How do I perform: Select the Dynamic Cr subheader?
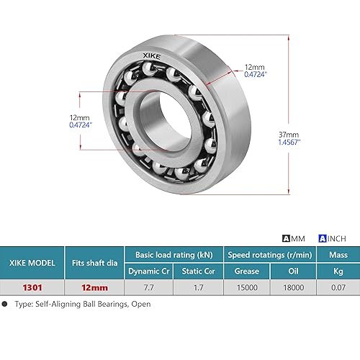(149, 271)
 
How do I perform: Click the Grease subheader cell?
(246, 271)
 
